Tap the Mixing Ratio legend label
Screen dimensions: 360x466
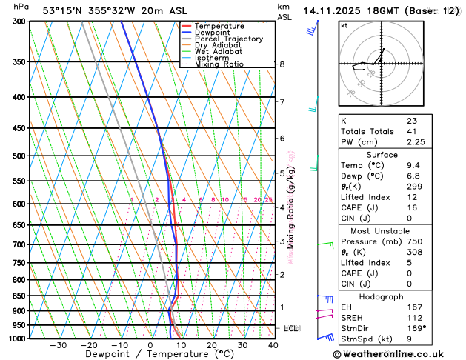pyautogui.click(x=219, y=64)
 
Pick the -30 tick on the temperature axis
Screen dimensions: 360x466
pyautogui.click(x=59, y=345)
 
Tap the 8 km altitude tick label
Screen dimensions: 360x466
pyautogui.click(x=282, y=64)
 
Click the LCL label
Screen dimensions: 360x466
pyautogui.click(x=291, y=328)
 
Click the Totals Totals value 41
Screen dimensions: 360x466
pyautogui.click(x=411, y=131)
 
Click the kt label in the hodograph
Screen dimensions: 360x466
pyautogui.click(x=344, y=25)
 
